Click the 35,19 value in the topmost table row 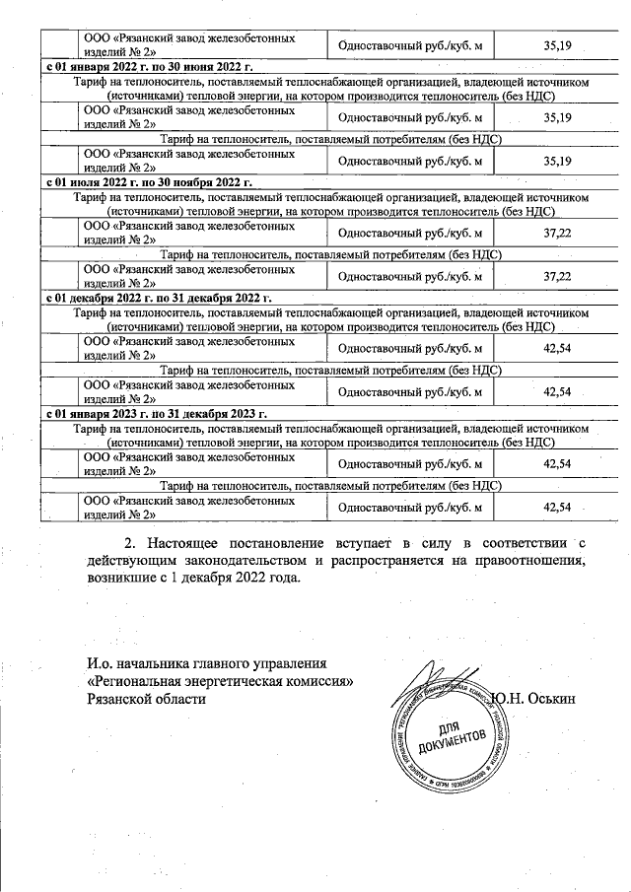pos(557,44)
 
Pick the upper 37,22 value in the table pos(557,233)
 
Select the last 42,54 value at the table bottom pos(557,507)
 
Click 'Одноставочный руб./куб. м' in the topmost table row pos(409,44)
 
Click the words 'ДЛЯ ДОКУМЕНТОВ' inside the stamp pos(452,734)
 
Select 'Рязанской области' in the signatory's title pos(147,699)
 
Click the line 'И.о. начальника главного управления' pos(206,663)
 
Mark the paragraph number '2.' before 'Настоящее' pos(130,542)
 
